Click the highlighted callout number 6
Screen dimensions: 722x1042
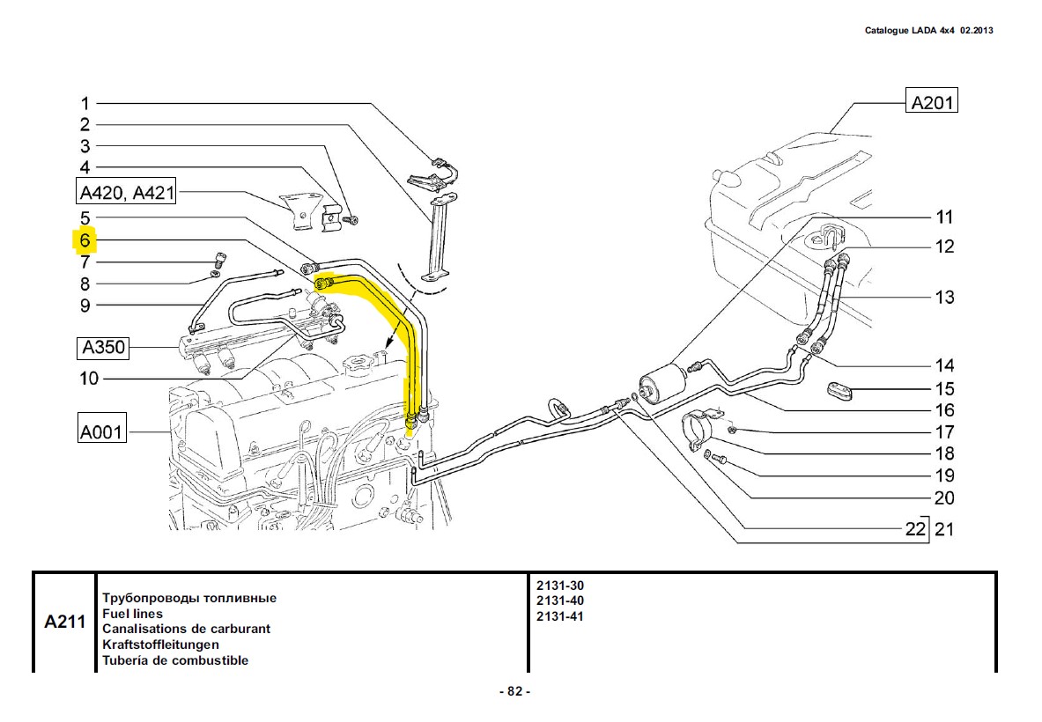85,240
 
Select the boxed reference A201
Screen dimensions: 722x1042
931,102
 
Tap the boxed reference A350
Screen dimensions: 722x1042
104,349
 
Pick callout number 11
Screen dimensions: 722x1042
944,217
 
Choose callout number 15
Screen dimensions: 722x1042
944,388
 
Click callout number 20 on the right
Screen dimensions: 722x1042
944,498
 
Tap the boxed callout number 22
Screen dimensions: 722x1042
916,528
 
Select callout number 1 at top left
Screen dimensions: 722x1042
85,103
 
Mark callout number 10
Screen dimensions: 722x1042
89,379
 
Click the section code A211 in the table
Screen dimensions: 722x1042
64,623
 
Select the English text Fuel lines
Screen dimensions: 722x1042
132,614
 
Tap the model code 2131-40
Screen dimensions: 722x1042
559,600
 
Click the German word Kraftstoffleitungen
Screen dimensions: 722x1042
160,645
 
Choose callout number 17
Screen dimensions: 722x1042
944,432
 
